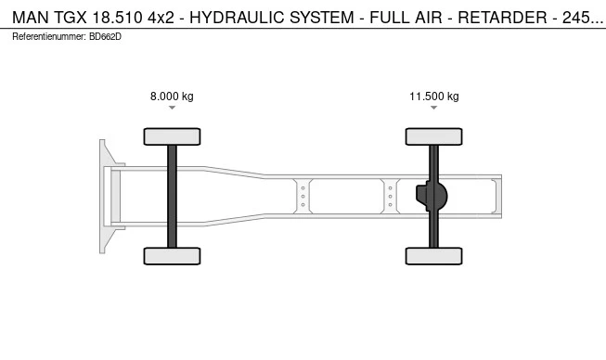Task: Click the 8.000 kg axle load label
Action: [x=172, y=96]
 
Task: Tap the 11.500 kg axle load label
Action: [x=434, y=96]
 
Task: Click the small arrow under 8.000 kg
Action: [x=172, y=108]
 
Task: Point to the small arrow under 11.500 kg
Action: [x=434, y=108]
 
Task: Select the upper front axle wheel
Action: [x=172, y=136]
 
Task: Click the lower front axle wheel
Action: [x=172, y=256]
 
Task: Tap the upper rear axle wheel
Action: [x=434, y=136]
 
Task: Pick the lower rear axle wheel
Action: [x=434, y=256]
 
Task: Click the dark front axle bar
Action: [x=172, y=196]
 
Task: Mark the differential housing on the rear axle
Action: [x=432, y=196]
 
